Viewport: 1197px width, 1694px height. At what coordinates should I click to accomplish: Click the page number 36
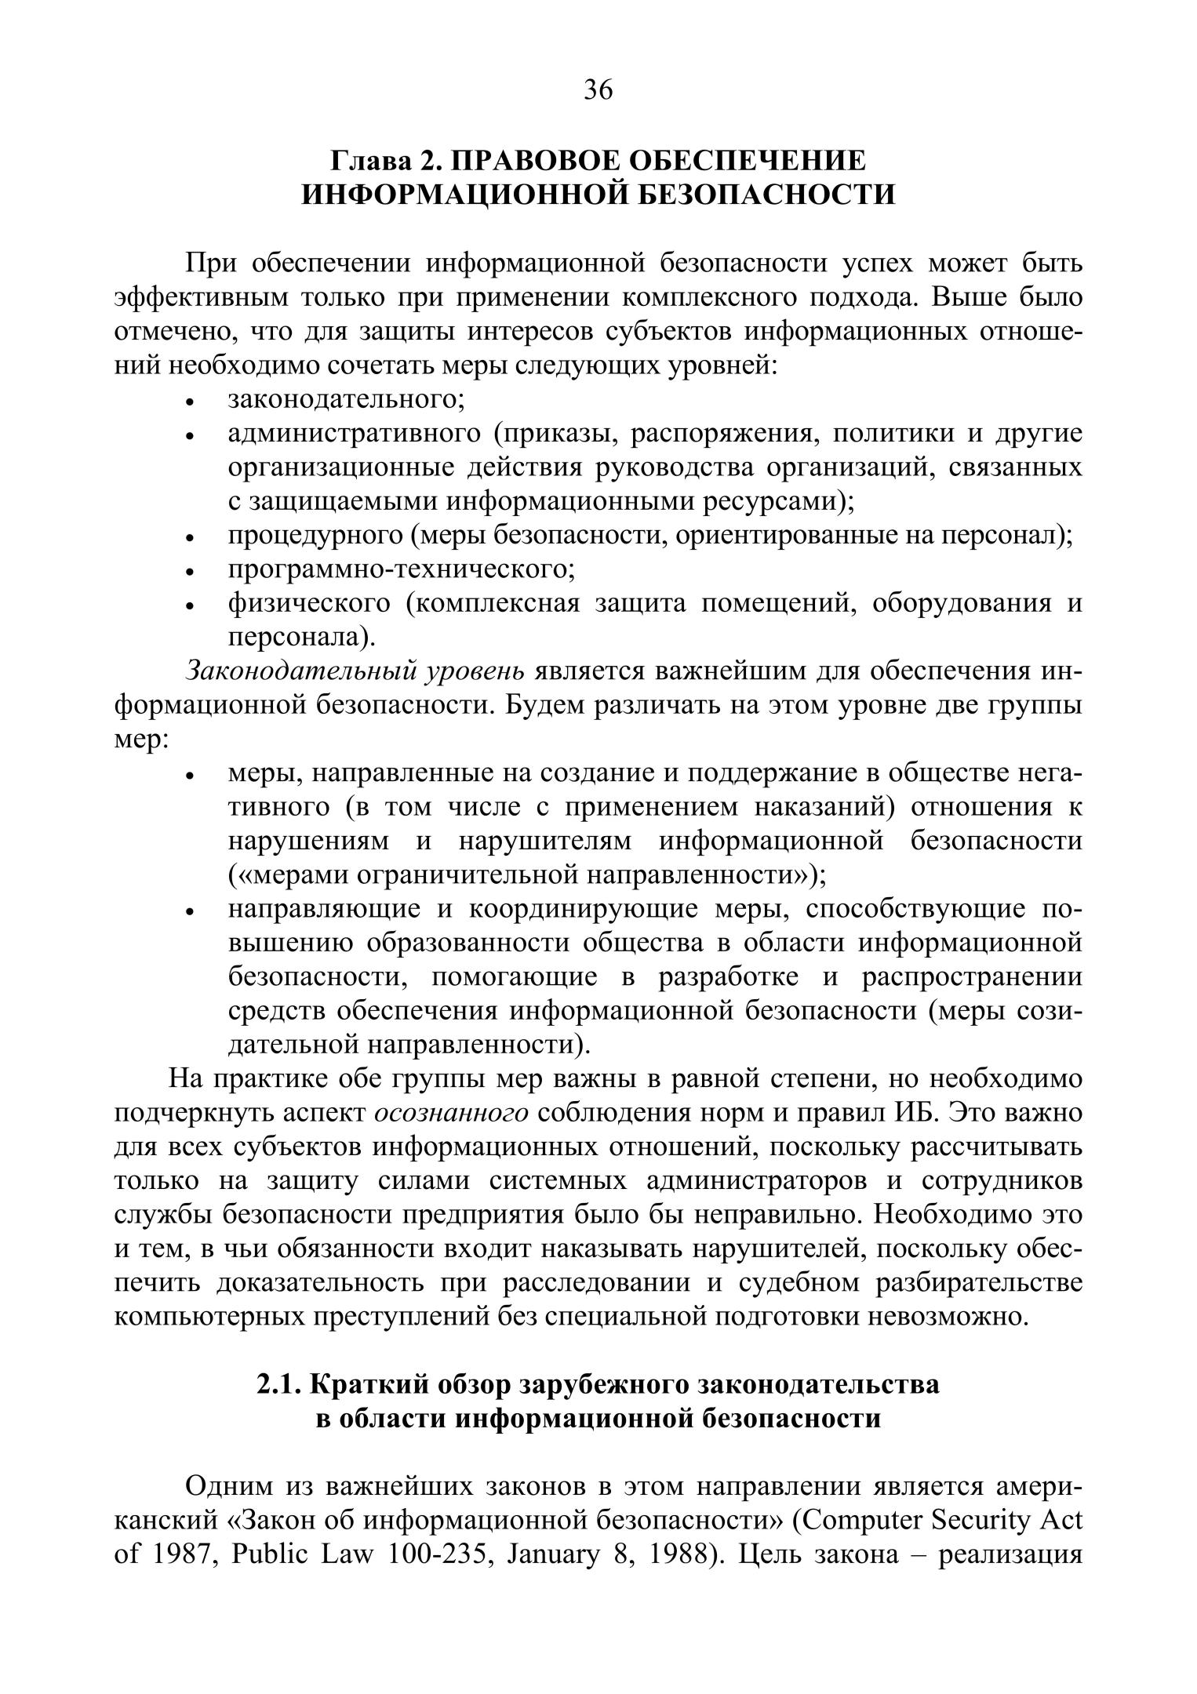coord(598,91)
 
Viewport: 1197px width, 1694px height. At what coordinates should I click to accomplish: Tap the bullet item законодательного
coord(346,399)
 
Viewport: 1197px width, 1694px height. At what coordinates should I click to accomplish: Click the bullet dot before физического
coord(189,606)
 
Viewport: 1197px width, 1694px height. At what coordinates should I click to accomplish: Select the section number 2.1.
coord(279,1385)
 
